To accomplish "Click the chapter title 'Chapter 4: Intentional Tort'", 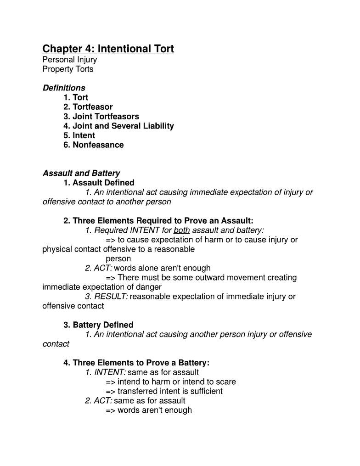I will coord(108,49).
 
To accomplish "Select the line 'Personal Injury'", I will coord(69,60).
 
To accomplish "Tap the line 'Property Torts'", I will coord(67,69).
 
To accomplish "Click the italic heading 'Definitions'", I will coord(64,88).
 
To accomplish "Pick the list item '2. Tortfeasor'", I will coord(88,107).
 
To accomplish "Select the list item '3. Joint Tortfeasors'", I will coord(101,117).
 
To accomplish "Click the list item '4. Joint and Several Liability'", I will coord(118,126).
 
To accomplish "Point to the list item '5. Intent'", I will coord(79,135).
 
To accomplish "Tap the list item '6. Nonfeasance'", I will coord(93,145).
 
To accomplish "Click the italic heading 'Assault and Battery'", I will coord(81,173).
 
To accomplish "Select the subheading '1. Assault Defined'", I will coord(99,183).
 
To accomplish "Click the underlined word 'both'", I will coord(181,230).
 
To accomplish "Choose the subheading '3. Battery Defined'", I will coord(98,325).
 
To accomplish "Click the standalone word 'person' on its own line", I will coord(118,259).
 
